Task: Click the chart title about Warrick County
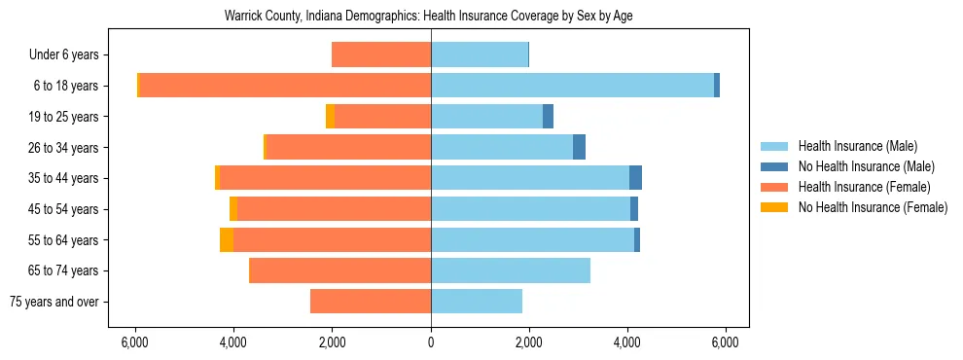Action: pos(429,17)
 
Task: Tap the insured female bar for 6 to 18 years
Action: pos(285,86)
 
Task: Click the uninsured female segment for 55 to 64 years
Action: pos(227,239)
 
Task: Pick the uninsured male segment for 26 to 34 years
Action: pos(579,147)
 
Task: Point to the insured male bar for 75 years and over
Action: pos(477,302)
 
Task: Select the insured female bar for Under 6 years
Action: pos(381,54)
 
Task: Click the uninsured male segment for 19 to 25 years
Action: pos(548,117)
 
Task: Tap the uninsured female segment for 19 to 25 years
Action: pos(331,117)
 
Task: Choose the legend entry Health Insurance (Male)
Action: pos(857,146)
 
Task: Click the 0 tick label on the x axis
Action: pos(431,342)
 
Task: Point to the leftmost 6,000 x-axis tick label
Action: pos(134,342)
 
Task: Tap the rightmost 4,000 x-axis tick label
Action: pos(627,342)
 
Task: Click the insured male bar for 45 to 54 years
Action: pos(530,209)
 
